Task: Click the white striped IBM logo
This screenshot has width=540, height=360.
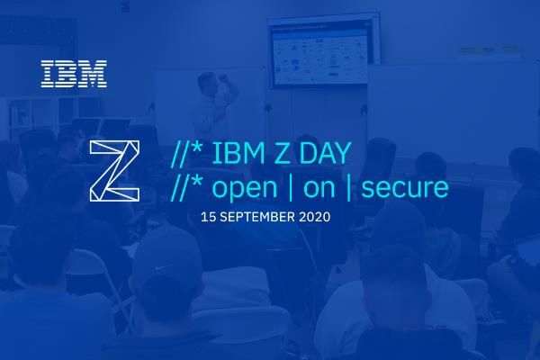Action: [74, 74]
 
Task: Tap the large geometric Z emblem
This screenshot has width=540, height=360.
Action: [114, 168]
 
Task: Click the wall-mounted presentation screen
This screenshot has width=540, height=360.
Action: [318, 54]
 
